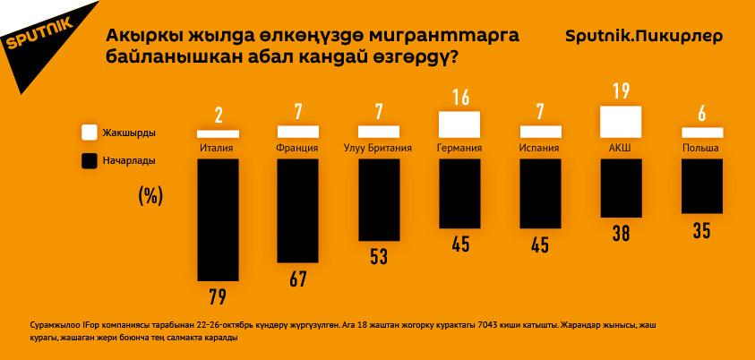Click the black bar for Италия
click(x=218, y=219)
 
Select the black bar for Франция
click(x=298, y=211)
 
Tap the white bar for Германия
click(x=459, y=124)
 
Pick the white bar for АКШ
click(x=620, y=120)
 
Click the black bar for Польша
click(x=701, y=186)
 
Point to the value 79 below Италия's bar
click(x=218, y=296)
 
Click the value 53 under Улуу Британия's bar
click(x=378, y=257)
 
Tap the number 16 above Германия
click(x=460, y=97)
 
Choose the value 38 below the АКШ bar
click(x=620, y=234)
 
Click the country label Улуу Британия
click(x=378, y=149)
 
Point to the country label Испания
click(x=539, y=149)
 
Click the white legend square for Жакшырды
click(x=90, y=132)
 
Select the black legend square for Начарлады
click(x=90, y=161)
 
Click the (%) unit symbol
click(x=150, y=196)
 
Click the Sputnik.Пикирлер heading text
click(x=644, y=37)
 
